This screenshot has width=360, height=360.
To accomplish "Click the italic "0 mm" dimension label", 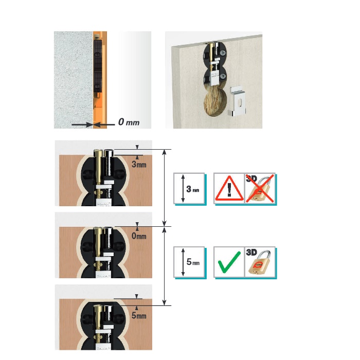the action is point(129,122).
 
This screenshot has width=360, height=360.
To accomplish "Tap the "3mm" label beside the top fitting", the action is point(139,164).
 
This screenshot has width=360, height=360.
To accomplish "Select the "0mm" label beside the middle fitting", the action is point(139,236).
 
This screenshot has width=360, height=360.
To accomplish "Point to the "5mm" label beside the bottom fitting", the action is point(139,315).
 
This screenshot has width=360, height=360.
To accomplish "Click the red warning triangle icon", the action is point(229,189).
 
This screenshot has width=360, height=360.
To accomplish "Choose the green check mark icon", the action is point(229,262).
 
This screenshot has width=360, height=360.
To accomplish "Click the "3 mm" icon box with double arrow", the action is point(189,189).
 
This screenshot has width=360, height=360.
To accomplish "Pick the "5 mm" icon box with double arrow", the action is point(189,262).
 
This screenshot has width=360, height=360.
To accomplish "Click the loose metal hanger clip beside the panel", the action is point(238,101).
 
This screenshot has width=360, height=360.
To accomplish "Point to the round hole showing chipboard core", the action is point(215,103).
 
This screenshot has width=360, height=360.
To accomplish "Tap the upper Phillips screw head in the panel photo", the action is point(223,52).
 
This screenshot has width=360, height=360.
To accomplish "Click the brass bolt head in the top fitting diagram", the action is point(98,153).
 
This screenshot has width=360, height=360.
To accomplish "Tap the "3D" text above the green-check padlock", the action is point(251,253).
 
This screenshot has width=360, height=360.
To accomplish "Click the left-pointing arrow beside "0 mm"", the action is point(104,124).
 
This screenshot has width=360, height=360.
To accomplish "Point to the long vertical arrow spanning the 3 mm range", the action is point(164,188).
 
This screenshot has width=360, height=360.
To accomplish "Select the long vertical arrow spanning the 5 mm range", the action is point(164,266).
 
